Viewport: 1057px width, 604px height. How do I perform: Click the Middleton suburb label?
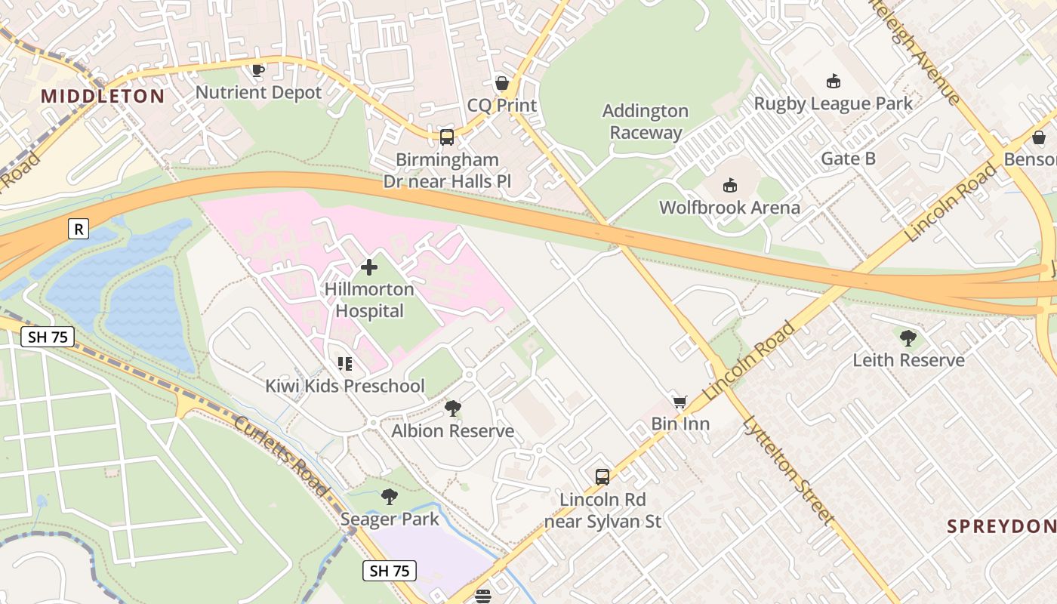[x=103, y=96]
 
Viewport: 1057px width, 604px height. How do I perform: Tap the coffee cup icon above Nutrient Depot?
[x=258, y=70]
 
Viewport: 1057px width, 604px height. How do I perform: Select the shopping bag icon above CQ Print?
[x=501, y=82]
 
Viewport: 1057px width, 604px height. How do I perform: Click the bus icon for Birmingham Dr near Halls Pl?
[x=447, y=137]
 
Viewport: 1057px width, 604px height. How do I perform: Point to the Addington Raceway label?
[x=646, y=122]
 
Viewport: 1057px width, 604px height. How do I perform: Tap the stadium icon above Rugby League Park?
[x=834, y=81]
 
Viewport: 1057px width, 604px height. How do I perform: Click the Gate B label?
[x=849, y=159]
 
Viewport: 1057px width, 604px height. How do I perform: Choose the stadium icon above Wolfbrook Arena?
[x=729, y=185]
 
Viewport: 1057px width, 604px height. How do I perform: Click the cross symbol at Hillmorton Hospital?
[x=369, y=267]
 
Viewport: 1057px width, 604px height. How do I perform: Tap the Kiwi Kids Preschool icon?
[x=345, y=364]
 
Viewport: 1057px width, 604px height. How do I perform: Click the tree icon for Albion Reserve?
[x=453, y=408]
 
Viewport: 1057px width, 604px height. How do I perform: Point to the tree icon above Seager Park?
[x=390, y=496]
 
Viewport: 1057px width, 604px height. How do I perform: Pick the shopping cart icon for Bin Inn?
[x=680, y=402]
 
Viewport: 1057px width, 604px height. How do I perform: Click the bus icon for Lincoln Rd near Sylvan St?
[x=602, y=477]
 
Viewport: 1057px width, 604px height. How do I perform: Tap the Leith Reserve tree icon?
[x=908, y=337]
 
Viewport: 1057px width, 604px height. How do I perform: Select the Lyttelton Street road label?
[x=788, y=469]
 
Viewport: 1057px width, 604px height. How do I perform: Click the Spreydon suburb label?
[x=1001, y=526]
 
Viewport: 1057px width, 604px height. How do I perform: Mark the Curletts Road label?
[x=281, y=456]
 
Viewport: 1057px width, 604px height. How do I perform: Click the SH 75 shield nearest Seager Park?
[x=390, y=571]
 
